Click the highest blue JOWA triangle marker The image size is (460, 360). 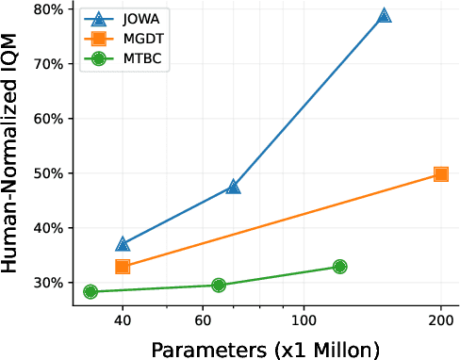click(384, 16)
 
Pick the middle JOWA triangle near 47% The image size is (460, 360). click(234, 187)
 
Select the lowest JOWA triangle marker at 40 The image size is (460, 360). click(123, 244)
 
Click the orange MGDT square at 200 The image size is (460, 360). click(440, 174)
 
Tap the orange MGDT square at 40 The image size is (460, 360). click(123, 267)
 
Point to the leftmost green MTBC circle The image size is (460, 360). click(90, 291)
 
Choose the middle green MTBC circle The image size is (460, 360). click(219, 285)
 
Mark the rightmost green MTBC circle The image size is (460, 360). click(339, 267)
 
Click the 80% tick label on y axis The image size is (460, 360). click(47, 10)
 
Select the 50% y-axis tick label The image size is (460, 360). click(47, 174)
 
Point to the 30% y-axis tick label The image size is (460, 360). click(47, 283)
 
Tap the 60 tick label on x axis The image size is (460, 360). click(203, 320)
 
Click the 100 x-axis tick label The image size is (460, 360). click(304, 320)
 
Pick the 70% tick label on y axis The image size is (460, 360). click(47, 65)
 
